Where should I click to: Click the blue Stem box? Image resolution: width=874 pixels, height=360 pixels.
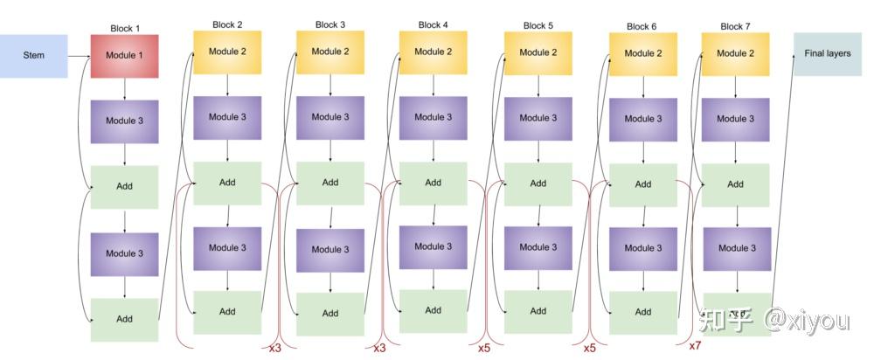[x=34, y=56]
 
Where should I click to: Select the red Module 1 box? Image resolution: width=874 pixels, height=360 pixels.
[x=125, y=56]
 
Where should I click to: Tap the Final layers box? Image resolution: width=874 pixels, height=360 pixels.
[x=826, y=54]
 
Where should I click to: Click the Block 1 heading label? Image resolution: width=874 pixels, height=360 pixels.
[x=125, y=28]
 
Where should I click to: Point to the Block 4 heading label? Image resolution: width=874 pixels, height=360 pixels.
[x=433, y=25]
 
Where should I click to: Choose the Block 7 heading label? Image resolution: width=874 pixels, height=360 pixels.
[x=735, y=26]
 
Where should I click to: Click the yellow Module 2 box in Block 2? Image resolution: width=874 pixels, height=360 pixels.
[x=227, y=52]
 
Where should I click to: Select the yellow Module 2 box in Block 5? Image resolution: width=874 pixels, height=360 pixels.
[x=538, y=52]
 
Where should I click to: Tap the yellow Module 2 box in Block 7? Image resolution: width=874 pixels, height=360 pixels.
[x=735, y=53]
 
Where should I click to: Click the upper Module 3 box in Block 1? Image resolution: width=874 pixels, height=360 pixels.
[x=125, y=121]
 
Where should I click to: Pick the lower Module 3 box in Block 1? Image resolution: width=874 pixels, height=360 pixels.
[x=125, y=253]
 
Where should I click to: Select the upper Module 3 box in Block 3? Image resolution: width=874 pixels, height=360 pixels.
[x=330, y=117]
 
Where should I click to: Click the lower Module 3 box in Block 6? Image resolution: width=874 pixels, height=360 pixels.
[x=642, y=248]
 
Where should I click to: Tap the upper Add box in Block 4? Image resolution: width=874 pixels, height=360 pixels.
[x=433, y=183]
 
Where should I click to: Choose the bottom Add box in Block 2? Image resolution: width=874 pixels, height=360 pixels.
[x=227, y=312]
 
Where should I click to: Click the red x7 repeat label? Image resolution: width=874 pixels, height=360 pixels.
[x=695, y=346]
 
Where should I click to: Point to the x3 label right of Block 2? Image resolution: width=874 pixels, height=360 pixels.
[x=274, y=348]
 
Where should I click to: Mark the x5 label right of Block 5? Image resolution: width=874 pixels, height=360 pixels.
[x=589, y=348]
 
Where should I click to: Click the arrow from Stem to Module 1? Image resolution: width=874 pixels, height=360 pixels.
[x=80, y=56]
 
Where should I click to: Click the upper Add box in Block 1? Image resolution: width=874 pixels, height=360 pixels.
[x=125, y=187]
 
